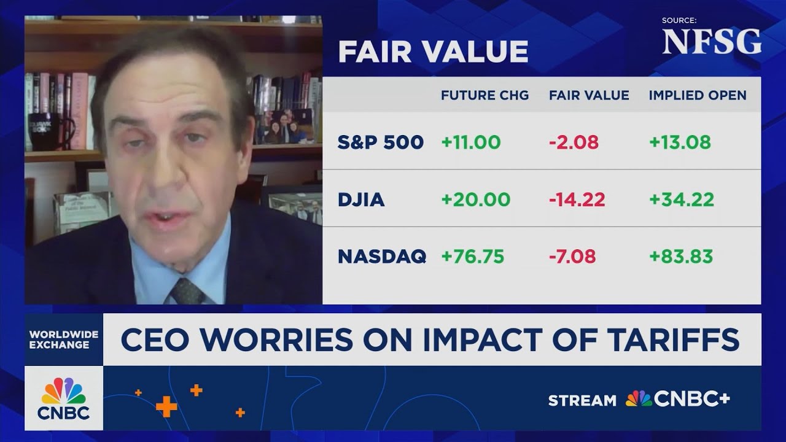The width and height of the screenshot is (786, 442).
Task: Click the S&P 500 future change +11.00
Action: (x=471, y=142)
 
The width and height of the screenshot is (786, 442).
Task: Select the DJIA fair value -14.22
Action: (x=577, y=200)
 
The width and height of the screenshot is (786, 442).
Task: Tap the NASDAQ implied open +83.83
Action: (x=681, y=256)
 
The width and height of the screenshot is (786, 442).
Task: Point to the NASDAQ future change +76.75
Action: (x=473, y=256)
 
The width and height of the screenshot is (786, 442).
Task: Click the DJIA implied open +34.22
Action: (x=682, y=200)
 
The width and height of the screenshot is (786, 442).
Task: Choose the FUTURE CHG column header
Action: (x=484, y=95)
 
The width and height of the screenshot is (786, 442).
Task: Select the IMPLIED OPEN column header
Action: (x=698, y=95)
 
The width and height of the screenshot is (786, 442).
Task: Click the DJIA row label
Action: (x=361, y=200)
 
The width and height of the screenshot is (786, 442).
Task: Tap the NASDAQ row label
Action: (x=382, y=256)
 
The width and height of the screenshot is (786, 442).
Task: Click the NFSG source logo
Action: (x=712, y=42)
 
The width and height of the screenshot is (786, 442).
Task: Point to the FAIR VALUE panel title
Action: (x=433, y=52)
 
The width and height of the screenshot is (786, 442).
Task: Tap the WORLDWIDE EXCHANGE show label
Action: (x=64, y=339)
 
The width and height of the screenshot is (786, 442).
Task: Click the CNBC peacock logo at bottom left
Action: (x=64, y=391)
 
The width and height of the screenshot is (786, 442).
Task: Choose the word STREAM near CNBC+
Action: (x=582, y=400)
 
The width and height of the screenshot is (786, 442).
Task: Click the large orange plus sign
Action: (x=166, y=406)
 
